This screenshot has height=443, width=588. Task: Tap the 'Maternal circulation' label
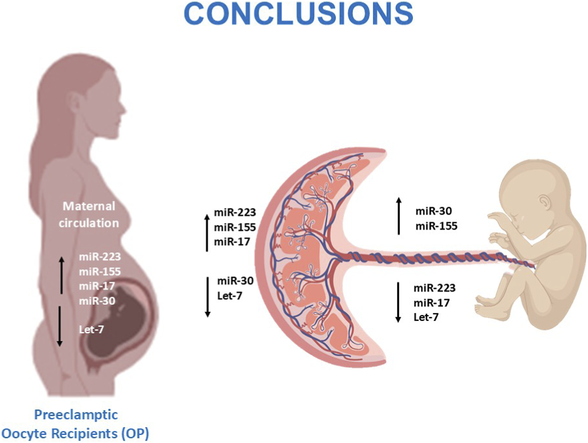[89, 215]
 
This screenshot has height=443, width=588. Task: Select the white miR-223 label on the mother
[100, 257]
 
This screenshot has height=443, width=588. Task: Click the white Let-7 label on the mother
[91, 330]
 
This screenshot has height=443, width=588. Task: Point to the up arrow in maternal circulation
[62, 275]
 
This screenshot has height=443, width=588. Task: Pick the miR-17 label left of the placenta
[232, 242]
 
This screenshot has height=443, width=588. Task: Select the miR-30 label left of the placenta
[235, 281]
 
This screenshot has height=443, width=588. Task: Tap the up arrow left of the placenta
[207, 233]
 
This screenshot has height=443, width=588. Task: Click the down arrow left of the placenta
[208, 297]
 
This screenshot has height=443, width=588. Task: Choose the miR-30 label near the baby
[434, 211]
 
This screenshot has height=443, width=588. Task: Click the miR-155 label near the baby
[436, 226]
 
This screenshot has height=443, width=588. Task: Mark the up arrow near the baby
[399, 216]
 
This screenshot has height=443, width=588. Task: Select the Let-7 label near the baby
[426, 317]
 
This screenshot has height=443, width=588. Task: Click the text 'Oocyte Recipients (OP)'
[75, 434]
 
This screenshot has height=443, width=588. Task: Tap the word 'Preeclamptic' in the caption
[76, 415]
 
